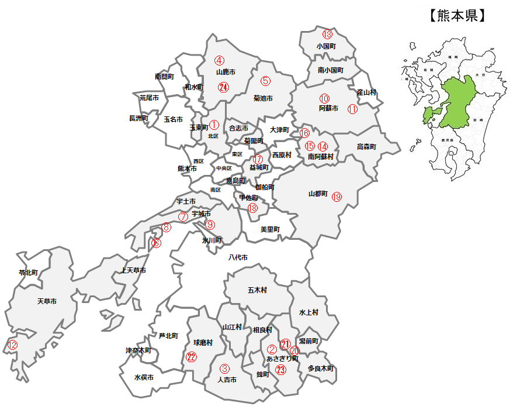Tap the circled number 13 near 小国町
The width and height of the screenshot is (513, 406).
[x=327, y=35]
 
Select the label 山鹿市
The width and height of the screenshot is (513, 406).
[x=226, y=73]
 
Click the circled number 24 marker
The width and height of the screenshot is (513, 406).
[x=223, y=87]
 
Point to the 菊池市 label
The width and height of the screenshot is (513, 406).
[x=263, y=98]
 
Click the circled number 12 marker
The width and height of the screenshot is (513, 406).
[x=12, y=345]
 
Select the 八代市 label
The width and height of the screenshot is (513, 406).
[x=238, y=257]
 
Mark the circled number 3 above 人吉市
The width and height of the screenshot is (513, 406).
[x=224, y=369]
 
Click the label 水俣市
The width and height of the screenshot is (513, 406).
[x=144, y=378]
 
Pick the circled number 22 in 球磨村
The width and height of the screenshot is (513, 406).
[x=191, y=357]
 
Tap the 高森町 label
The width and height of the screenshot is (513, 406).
[x=366, y=146]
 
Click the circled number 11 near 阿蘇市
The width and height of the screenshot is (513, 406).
[x=352, y=109]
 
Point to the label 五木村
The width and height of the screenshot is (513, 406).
[x=257, y=290]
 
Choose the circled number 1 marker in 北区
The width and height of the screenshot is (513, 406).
[x=213, y=125]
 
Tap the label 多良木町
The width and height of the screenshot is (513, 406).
[x=321, y=369]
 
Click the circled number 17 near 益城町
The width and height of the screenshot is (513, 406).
[x=258, y=159]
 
